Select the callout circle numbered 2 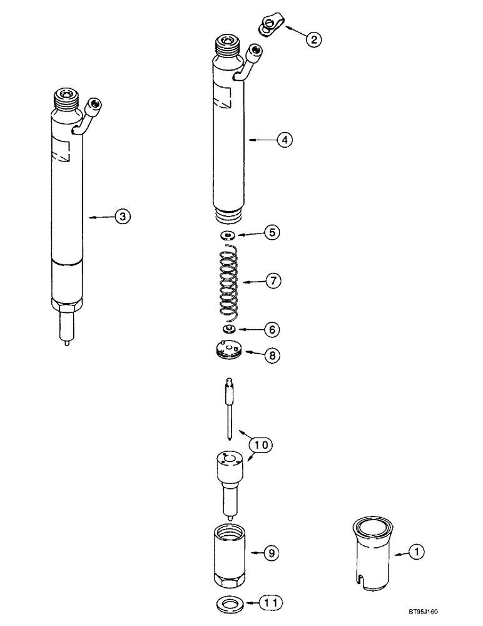pyautogui.click(x=313, y=39)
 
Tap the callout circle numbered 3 pyautogui.click(x=123, y=217)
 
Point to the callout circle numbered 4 pyautogui.click(x=284, y=141)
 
